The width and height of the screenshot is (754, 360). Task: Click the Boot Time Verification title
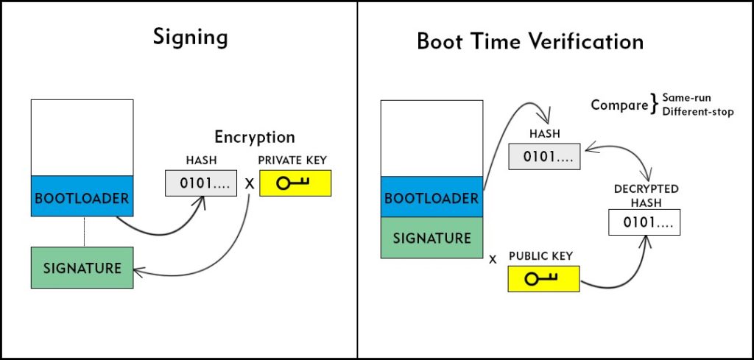(x=530, y=42)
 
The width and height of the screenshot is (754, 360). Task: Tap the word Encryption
(x=254, y=137)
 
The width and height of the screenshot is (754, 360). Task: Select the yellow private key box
(x=295, y=183)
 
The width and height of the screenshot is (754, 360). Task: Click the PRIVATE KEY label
(x=292, y=160)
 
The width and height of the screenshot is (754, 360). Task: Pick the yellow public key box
(x=544, y=279)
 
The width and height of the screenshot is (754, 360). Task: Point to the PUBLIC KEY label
(x=541, y=256)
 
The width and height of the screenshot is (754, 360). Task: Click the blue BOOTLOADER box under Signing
(x=82, y=196)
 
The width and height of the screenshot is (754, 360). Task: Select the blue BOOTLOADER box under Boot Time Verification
(x=431, y=197)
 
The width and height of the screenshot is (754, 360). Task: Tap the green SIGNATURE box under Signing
(x=82, y=268)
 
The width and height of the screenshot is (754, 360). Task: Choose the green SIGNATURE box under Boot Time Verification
(x=431, y=238)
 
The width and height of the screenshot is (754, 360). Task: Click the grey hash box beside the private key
(x=201, y=183)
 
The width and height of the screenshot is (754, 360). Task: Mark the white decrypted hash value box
(x=644, y=222)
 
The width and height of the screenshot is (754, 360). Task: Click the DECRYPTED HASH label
(x=646, y=196)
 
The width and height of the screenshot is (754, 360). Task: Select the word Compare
(x=619, y=105)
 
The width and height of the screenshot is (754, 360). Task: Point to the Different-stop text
(x=698, y=112)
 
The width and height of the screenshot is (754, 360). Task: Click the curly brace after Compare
(x=654, y=105)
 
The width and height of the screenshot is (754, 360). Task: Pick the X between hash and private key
(x=249, y=183)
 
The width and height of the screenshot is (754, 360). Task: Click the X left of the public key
(x=493, y=260)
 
